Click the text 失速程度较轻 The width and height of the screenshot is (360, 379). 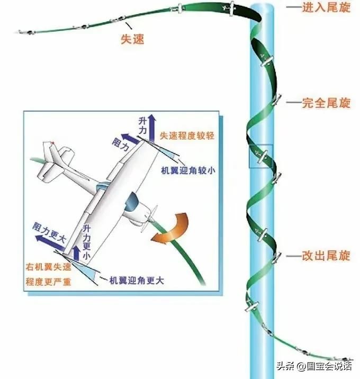[x=187, y=136]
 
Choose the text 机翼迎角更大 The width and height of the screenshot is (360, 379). [x=137, y=280]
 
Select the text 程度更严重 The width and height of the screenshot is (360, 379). [x=48, y=282]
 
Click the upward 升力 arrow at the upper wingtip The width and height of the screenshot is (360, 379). [x=151, y=126]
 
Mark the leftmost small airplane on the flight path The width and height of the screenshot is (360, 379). [x=22, y=33]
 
